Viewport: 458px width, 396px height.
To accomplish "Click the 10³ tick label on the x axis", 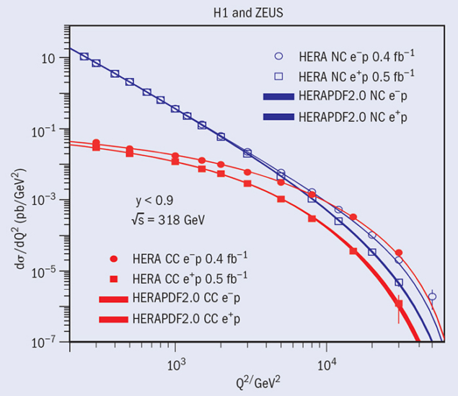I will pos(176,364).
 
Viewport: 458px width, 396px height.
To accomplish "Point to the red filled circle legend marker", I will pos(114,258).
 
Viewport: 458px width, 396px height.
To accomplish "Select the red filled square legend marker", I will pos(114,277).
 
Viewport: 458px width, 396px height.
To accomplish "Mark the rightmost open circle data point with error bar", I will pos(432,296).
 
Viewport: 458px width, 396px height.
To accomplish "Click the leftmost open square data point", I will pos(84,57).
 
